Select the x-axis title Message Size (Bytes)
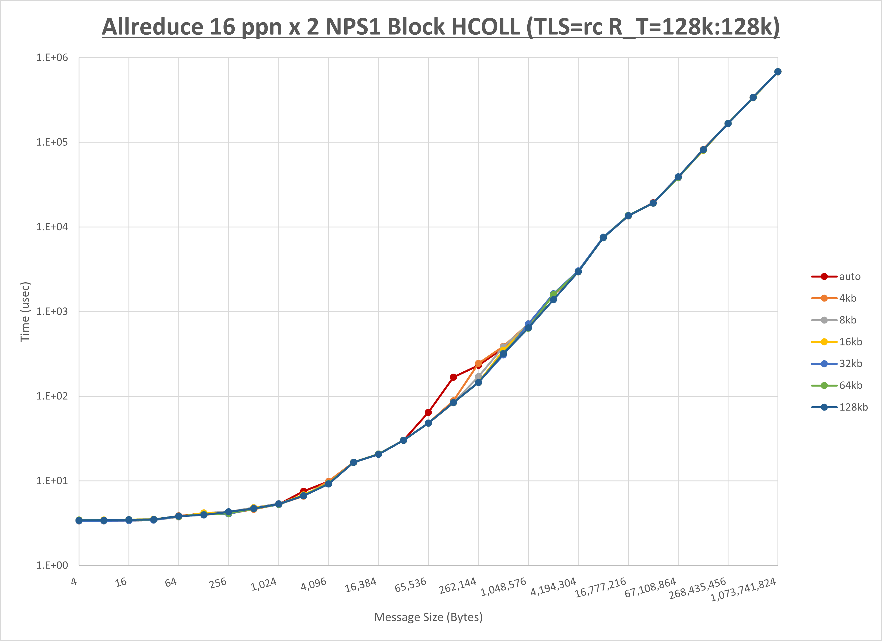[428, 617]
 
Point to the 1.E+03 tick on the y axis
[52, 312]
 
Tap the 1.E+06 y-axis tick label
[52, 57]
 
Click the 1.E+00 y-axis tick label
[52, 565]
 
